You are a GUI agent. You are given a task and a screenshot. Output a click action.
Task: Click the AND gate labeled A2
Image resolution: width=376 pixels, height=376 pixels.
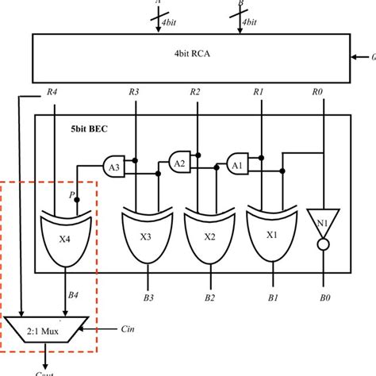pyautogui.click(x=180, y=161)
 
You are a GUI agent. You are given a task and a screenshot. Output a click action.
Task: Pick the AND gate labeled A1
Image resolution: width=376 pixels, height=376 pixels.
pyautogui.click(x=236, y=166)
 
